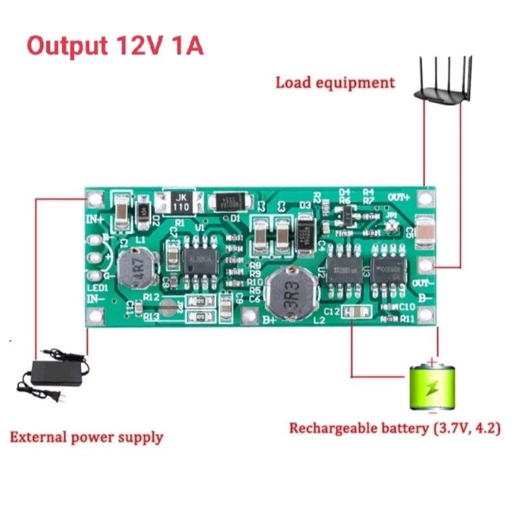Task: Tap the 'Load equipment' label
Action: click(x=335, y=83)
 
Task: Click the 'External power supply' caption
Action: click(x=86, y=436)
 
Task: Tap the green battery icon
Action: click(x=432, y=387)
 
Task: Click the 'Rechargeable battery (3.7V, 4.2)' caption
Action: click(x=395, y=429)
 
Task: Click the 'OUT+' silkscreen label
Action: click(x=399, y=197)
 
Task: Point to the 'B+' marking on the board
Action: click(x=268, y=320)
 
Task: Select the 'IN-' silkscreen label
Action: click(x=96, y=298)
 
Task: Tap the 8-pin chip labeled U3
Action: click(x=389, y=270)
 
